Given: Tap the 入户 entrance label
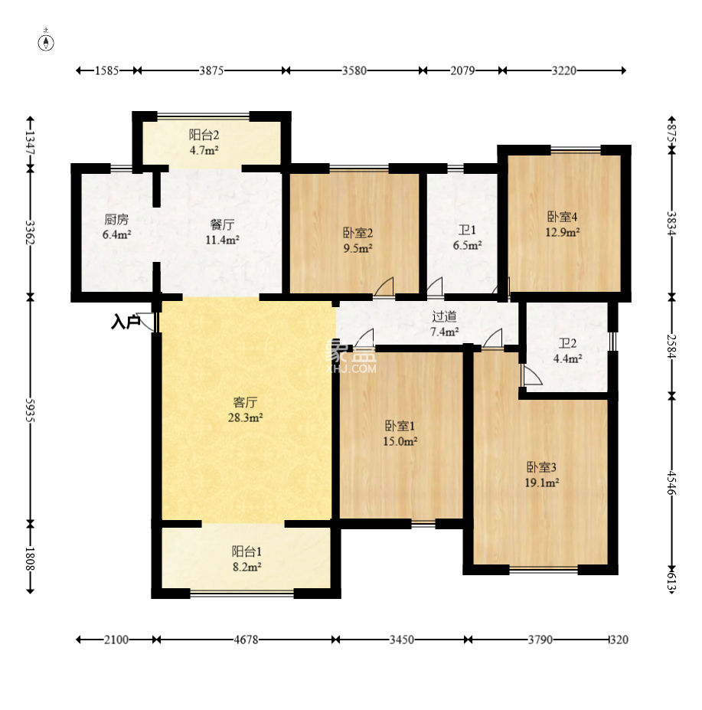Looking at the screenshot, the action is click(x=126, y=322).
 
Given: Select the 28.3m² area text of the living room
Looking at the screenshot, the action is click(x=245, y=417).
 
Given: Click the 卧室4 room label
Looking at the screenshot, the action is click(x=562, y=217).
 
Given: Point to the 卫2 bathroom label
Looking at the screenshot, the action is click(x=567, y=344).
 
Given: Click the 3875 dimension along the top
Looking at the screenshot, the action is click(x=211, y=70).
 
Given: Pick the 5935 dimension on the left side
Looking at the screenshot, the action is click(x=31, y=411).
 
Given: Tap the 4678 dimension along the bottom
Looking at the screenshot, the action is click(x=246, y=640).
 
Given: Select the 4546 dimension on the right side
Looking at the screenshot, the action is click(x=671, y=483).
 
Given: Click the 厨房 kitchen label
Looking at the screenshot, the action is click(x=116, y=220).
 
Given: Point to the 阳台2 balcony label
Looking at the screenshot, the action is click(x=204, y=135).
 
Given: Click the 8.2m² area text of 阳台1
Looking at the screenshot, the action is click(x=247, y=567).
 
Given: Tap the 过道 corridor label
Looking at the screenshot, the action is click(x=444, y=316).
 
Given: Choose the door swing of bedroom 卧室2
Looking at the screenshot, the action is click(x=384, y=286).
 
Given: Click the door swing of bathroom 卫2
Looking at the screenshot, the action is click(x=531, y=375).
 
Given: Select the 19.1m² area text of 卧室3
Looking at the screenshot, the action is click(x=542, y=483).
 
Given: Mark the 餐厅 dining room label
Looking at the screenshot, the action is click(x=222, y=224).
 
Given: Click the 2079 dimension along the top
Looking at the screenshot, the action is click(x=462, y=70).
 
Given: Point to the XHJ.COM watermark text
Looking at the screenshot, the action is click(x=351, y=368).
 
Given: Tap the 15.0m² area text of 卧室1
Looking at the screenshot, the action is click(x=400, y=441).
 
